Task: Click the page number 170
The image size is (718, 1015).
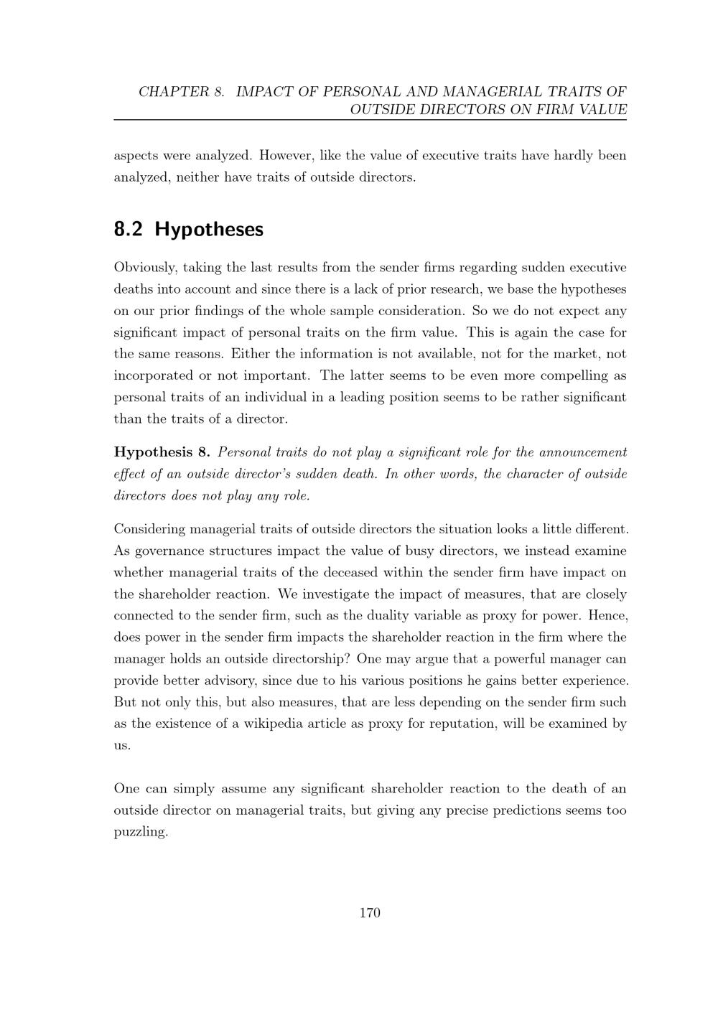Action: pos(369,913)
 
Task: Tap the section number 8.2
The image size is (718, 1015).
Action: pos(129,230)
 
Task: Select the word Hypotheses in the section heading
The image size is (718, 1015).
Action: pos(209,230)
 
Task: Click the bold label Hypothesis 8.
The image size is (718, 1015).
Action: pos(162,452)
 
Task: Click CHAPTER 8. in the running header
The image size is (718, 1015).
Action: pos(182,92)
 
